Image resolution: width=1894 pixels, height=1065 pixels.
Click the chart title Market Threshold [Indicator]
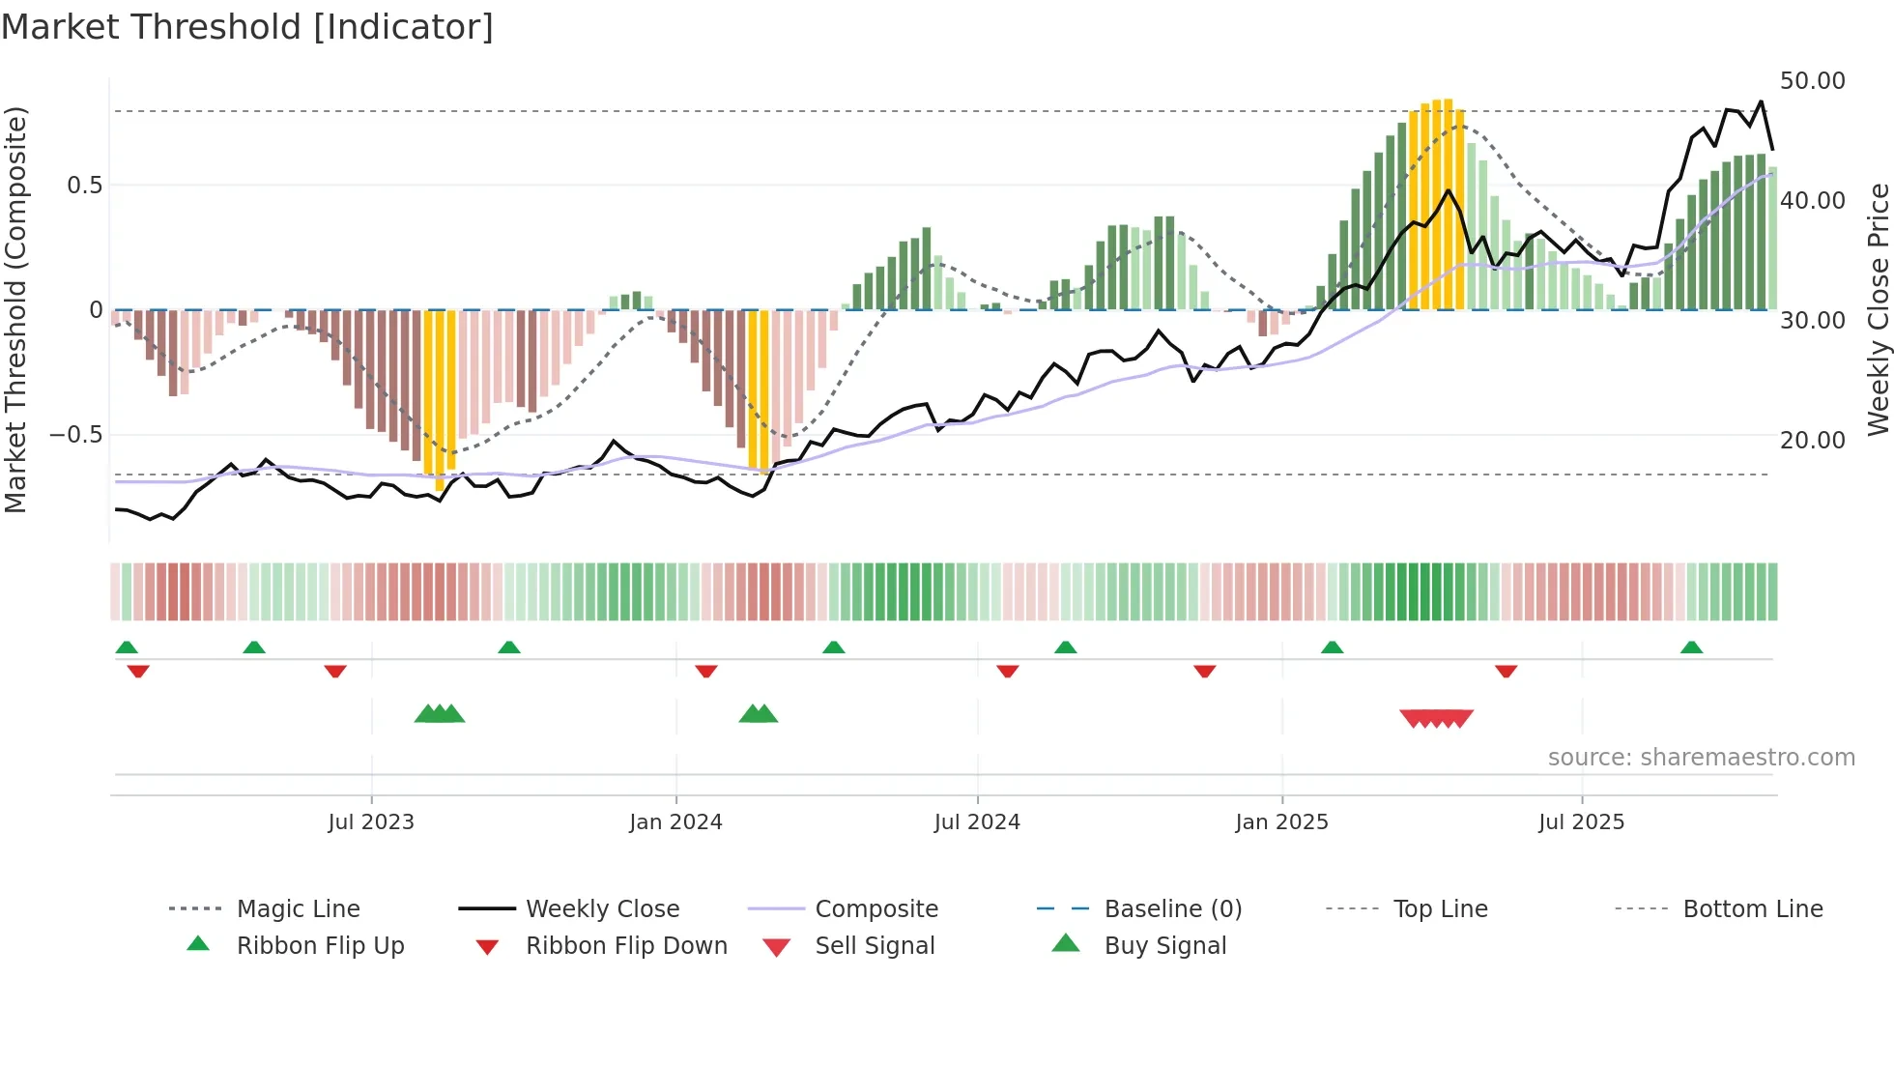[x=247, y=27]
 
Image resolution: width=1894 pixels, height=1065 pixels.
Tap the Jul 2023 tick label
[x=371, y=822]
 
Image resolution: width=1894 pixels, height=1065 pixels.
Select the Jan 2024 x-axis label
[x=675, y=822]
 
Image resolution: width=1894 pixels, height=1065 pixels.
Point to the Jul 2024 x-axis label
[x=977, y=822]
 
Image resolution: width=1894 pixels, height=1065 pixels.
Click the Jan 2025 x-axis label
[x=1281, y=822]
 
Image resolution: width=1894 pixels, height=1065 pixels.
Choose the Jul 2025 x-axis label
[x=1581, y=822]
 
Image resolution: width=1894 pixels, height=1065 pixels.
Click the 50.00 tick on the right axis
[x=1812, y=81]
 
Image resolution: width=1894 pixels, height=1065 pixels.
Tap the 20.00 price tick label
[x=1812, y=441]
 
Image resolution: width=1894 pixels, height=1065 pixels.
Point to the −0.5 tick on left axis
[x=76, y=435]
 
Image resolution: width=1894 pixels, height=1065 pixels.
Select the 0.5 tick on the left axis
[x=85, y=186]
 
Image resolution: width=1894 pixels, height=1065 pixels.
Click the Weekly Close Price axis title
[x=1878, y=309]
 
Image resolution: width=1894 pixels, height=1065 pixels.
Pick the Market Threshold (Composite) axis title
[x=15, y=309]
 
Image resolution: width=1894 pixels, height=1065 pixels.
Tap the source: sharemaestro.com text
[x=1701, y=758]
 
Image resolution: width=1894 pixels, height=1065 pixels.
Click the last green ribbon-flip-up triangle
[x=1691, y=648]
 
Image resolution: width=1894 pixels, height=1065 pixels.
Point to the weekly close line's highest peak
[x=1761, y=101]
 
